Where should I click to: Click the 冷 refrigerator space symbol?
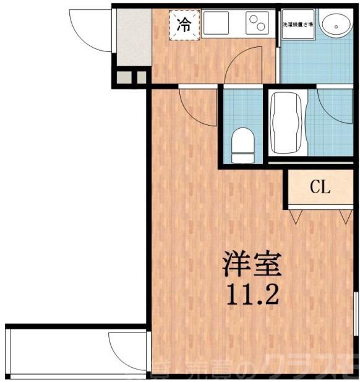tap(185, 25)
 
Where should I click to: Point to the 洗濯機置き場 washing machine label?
tap(298, 25)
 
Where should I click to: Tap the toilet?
tap(242, 144)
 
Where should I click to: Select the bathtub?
tap(287, 123)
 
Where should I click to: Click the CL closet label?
tap(320, 188)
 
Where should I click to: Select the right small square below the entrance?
tap(141, 77)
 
